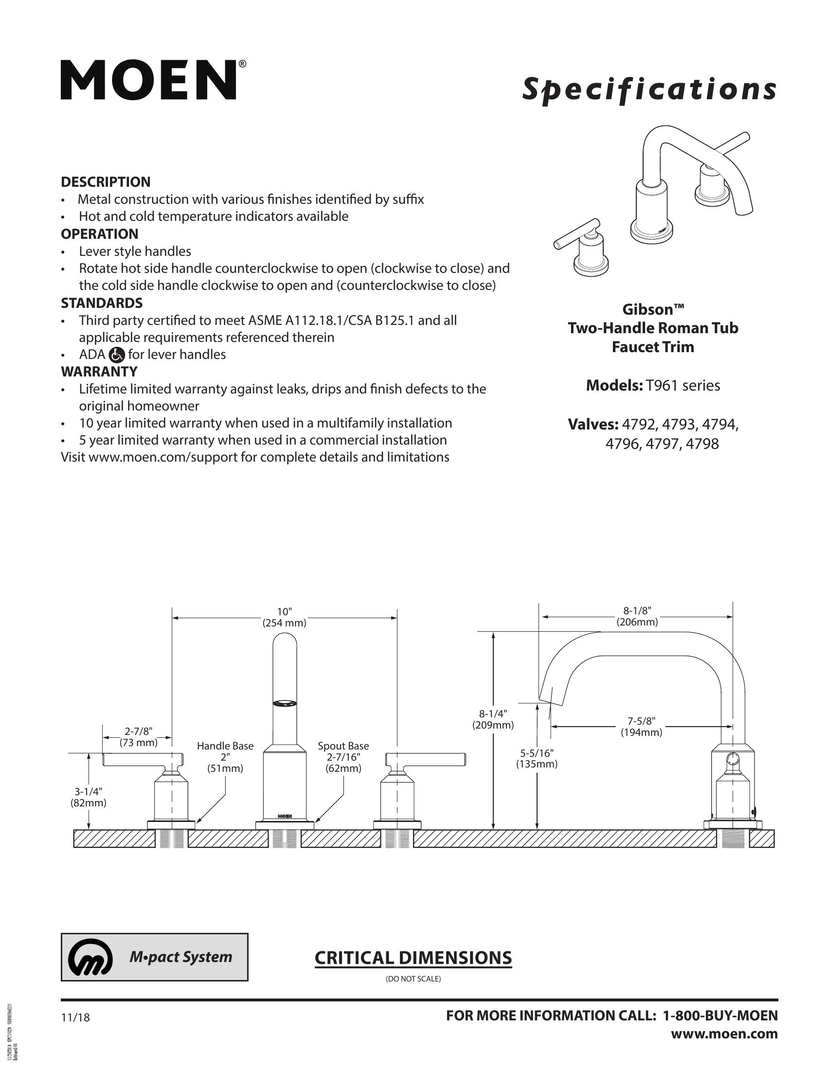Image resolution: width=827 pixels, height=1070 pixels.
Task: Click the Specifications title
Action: pos(648,89)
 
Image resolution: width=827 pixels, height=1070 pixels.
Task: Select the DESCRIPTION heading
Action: pos(106,182)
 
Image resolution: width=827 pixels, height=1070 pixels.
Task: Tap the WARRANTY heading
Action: pos(99,372)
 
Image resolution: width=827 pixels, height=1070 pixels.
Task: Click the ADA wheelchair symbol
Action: pos(117,354)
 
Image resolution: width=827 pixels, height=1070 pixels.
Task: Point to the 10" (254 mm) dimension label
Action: pos(284,617)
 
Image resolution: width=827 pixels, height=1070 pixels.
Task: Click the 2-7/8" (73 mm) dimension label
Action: pos(139,736)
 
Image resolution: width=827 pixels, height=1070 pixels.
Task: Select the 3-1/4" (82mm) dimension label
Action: pos(88,797)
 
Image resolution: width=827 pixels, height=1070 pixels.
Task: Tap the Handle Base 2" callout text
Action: pos(225,757)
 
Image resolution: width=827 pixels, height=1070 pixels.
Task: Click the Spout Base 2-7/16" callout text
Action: pos(343,757)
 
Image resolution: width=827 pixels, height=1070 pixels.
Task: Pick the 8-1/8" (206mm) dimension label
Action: pos(637,616)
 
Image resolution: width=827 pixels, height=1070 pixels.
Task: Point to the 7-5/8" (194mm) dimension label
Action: pos(641,727)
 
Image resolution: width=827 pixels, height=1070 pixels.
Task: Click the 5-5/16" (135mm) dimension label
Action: pos(537,758)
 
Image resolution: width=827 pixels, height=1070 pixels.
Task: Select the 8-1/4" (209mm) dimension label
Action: pos(493,719)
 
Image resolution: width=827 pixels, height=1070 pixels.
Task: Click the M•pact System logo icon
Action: pos(90,957)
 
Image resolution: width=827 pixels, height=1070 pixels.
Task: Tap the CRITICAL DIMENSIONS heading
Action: pos(413,957)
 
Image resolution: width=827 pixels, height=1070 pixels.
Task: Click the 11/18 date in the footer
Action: pos(75,1017)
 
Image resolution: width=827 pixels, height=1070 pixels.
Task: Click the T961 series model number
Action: pos(683,386)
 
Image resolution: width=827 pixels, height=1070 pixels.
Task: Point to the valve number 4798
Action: pos(702,444)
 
